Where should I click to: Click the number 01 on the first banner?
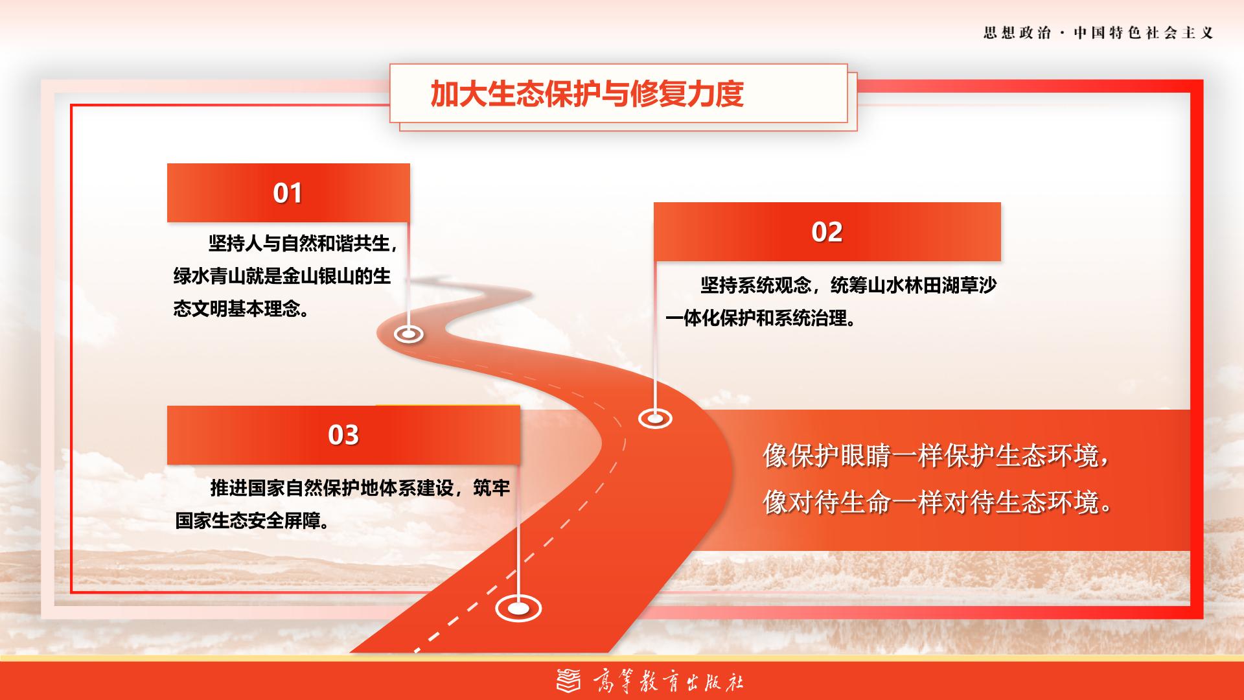point(288,193)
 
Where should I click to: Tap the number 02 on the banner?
point(827,232)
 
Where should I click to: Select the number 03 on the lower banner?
point(343,435)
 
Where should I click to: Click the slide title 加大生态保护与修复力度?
point(587,94)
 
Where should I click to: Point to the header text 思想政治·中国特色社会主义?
point(1098,33)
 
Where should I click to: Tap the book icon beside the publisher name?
point(570,681)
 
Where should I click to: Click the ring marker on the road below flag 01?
point(409,334)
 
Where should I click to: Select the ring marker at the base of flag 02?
point(655,419)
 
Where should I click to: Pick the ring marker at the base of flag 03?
point(518,609)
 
